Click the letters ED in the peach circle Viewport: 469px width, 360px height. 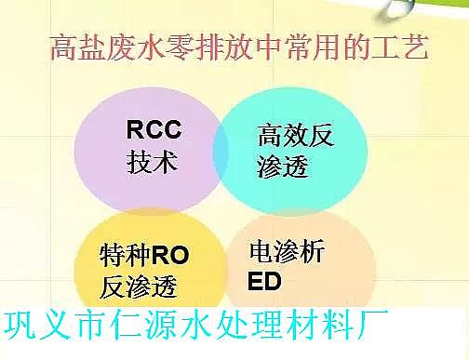click(265, 280)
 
